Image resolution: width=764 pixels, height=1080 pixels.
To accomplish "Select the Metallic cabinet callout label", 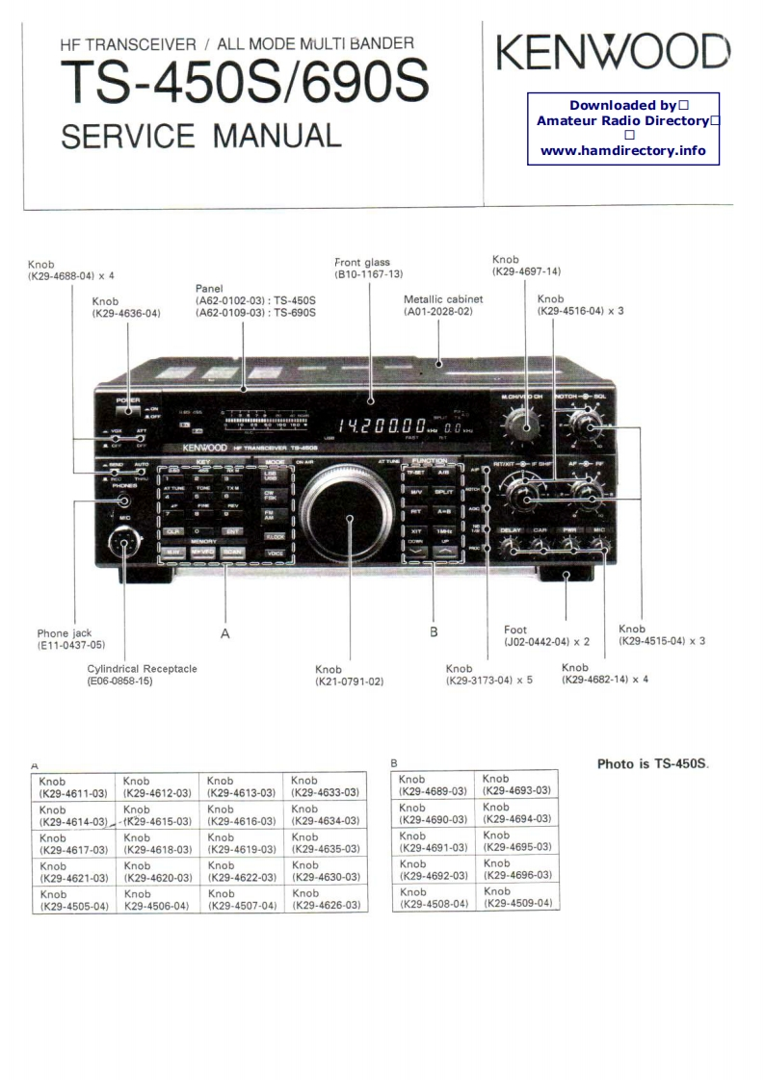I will pos(442,305).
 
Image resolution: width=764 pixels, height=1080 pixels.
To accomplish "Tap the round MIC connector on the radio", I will pos(122,544).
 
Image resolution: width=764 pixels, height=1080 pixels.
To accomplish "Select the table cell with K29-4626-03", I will pos(326,899).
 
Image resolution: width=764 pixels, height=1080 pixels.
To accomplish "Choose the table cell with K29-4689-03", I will pos(433,784).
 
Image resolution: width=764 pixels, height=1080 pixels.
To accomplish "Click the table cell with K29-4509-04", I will pos(516,896).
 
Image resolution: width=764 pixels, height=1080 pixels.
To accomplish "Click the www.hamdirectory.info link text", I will pos(622,150).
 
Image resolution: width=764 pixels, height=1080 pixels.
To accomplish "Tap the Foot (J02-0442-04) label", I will pos(546,635).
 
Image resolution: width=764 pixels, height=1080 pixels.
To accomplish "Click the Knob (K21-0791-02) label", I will pos(349,676).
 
